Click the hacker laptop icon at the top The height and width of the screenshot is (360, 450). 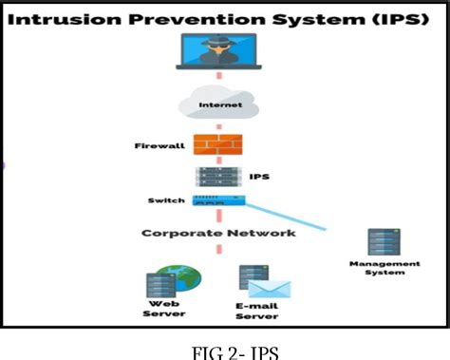pyautogui.click(x=220, y=53)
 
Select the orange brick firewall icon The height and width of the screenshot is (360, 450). pyautogui.click(x=217, y=144)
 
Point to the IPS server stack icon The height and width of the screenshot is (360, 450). pyautogui.click(x=217, y=177)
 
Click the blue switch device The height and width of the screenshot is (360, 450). pyautogui.click(x=219, y=200)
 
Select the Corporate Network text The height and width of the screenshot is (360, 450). pyautogui.click(x=218, y=232)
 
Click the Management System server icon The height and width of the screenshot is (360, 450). pyautogui.click(x=382, y=242)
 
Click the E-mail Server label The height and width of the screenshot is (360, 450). pyautogui.click(x=257, y=311)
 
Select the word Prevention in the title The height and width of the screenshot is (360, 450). pyautogui.click(x=197, y=16)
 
